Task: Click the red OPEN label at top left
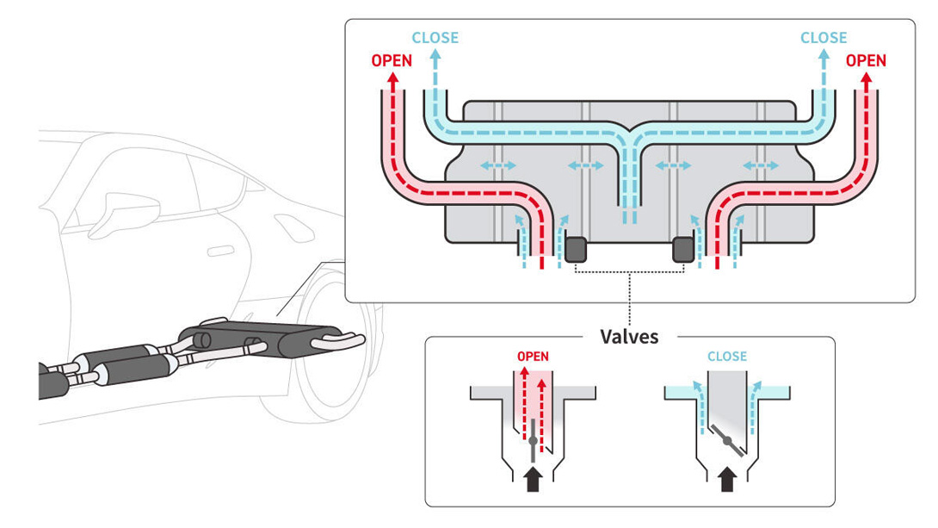click(x=392, y=60)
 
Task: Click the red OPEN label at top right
click(x=866, y=60)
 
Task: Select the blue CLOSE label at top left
click(x=435, y=38)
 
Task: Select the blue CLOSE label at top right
click(x=824, y=38)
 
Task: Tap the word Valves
click(x=629, y=337)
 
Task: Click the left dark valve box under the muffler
click(x=576, y=250)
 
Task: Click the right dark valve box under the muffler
click(x=683, y=250)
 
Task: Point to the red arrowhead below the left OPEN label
click(x=392, y=78)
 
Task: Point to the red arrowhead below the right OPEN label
click(x=867, y=78)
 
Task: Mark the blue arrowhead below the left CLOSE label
click(x=435, y=55)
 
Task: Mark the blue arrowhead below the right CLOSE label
click(x=824, y=55)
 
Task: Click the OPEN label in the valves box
click(x=533, y=357)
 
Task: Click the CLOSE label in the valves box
click(x=727, y=357)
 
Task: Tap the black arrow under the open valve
click(x=533, y=480)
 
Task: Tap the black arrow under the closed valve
click(x=727, y=480)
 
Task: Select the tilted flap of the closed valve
click(x=727, y=441)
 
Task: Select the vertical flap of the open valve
click(x=533, y=441)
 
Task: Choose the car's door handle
click(x=221, y=251)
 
